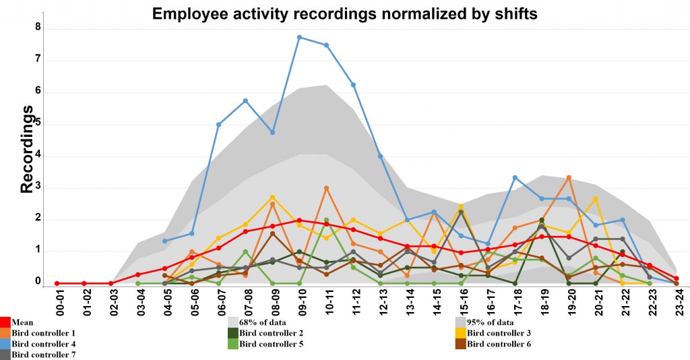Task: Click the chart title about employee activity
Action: click(345, 13)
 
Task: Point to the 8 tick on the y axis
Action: click(38, 28)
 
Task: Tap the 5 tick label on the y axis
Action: click(38, 123)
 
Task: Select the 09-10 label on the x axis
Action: click(301, 305)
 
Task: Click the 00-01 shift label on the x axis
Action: click(58, 305)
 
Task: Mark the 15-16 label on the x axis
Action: click(462, 305)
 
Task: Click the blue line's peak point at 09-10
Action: click(299, 37)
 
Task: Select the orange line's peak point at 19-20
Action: click(569, 177)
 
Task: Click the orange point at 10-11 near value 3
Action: click(326, 188)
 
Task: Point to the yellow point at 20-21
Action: click(596, 199)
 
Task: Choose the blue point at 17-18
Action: click(515, 177)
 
